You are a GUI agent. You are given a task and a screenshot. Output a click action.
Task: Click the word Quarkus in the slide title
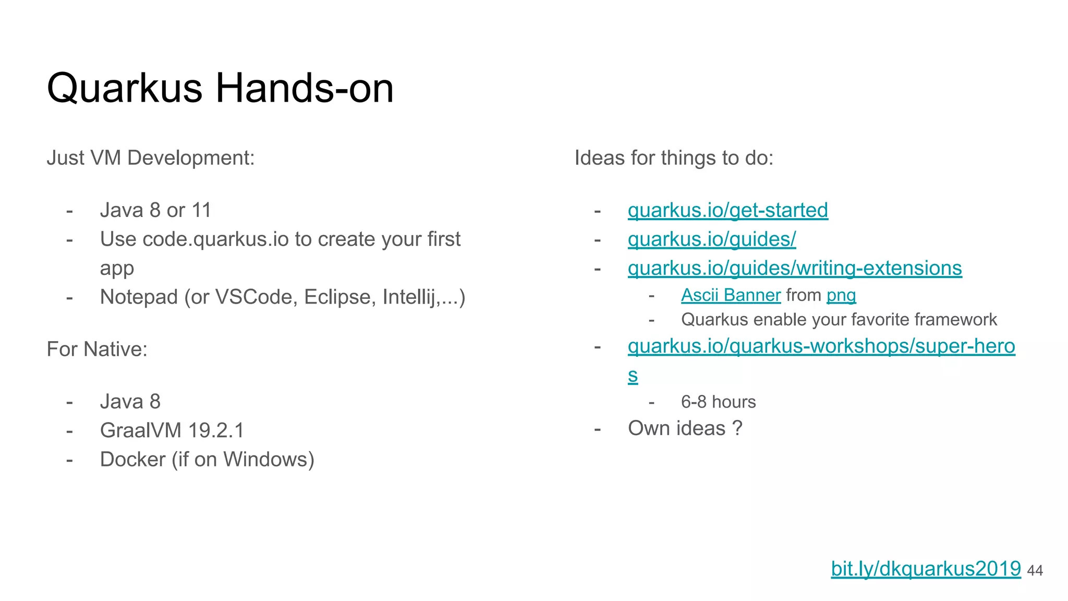tap(124, 89)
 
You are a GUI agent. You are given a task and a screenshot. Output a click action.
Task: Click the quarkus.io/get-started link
tap(727, 210)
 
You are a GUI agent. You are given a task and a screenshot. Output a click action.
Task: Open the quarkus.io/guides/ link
tap(711, 239)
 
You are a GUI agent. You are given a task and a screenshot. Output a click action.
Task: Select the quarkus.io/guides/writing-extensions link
tap(794, 268)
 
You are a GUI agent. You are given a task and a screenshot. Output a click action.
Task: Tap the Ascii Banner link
tap(731, 295)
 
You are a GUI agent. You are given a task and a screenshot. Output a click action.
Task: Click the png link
tap(841, 296)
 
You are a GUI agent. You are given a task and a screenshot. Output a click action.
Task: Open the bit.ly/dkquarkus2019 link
tap(925, 569)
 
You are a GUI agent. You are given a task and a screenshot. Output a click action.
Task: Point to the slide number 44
tap(1035, 571)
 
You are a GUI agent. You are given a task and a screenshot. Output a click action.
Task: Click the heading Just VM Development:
tap(151, 158)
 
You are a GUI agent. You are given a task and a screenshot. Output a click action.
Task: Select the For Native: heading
tap(97, 350)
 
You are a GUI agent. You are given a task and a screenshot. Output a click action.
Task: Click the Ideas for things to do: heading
tap(674, 158)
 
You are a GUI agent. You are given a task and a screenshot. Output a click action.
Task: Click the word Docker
tap(132, 460)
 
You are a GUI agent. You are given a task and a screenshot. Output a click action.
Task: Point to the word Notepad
tap(139, 297)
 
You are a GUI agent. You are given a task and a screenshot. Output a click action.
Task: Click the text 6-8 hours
tap(718, 402)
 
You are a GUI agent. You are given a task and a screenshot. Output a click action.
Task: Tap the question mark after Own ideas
tap(737, 428)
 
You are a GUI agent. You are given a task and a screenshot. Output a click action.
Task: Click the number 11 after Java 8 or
tap(201, 210)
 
